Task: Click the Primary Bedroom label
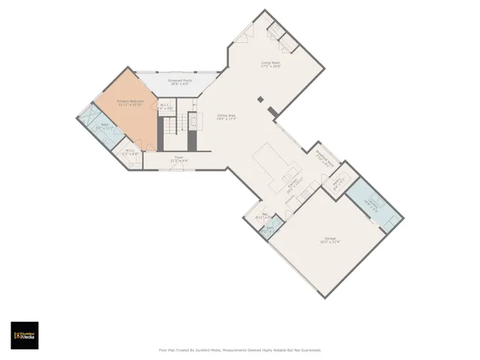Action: (130, 102)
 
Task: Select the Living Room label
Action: (271, 64)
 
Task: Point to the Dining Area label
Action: (226, 117)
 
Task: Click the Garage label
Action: (330, 239)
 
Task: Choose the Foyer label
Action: (178, 159)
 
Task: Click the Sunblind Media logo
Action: (25, 335)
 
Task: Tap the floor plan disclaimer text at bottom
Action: (239, 349)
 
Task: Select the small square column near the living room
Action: (260, 99)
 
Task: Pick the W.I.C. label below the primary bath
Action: (130, 152)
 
